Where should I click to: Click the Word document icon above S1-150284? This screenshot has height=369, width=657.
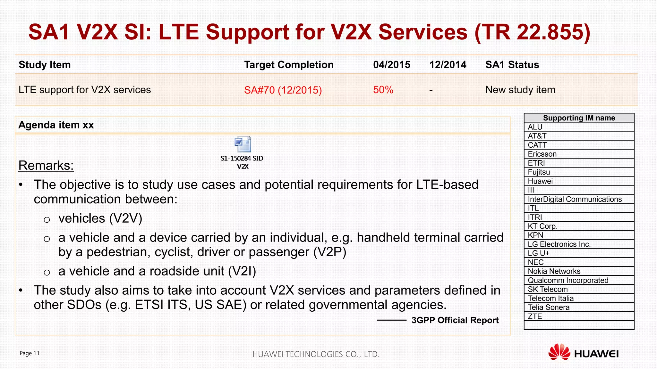coord(243,144)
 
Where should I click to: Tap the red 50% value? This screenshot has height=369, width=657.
coord(383,90)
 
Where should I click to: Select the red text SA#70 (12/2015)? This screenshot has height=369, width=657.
coord(283,90)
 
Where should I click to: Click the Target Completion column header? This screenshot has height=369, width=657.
coord(289,65)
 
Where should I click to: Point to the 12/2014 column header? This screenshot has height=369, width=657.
coord(448,65)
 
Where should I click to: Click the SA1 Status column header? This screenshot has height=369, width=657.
coord(512,65)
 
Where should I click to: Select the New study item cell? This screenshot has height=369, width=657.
coord(520,90)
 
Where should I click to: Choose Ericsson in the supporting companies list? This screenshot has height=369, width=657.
coord(542,154)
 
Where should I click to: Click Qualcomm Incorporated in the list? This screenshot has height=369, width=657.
coord(568,280)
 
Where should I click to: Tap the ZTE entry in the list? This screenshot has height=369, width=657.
coord(535,316)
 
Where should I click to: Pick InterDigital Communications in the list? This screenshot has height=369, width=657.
coord(575,199)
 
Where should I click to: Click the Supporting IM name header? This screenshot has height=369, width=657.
coord(579,118)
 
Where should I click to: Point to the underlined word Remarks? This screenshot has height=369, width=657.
coord(46,166)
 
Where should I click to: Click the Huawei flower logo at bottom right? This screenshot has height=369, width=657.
coord(559,352)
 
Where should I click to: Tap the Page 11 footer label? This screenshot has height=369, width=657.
coord(30,353)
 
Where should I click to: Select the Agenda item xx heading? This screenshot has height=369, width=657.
coord(56,125)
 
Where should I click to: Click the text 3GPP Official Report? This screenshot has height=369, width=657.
coord(455,320)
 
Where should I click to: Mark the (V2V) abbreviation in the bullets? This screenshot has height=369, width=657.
coord(126,218)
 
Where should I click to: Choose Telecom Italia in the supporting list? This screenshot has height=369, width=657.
coord(550,299)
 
